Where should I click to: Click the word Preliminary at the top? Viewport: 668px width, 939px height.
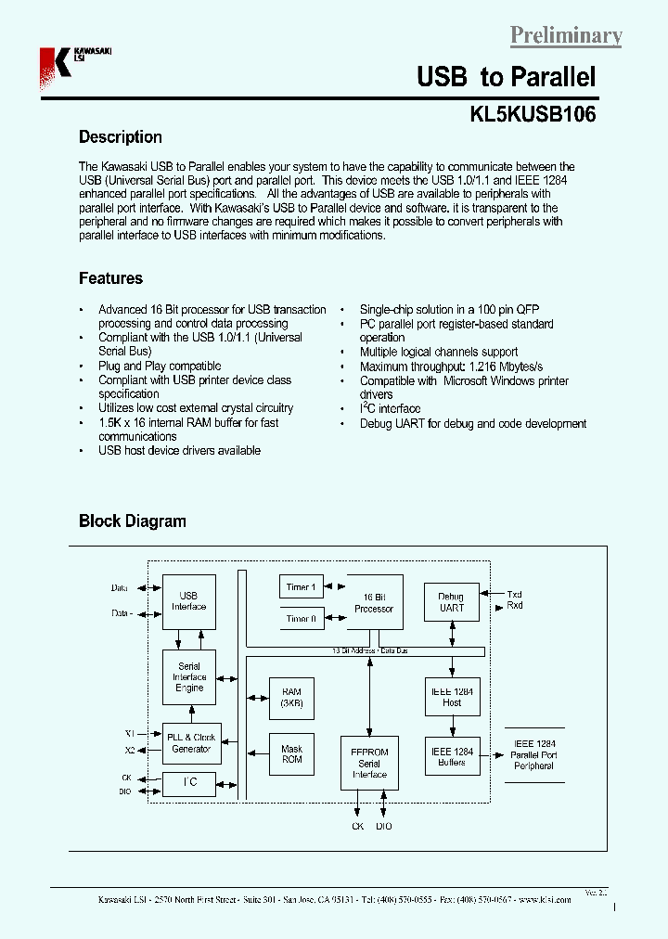click(566, 35)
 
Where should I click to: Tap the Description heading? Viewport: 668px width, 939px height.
click(120, 137)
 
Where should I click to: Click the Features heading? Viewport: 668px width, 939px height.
click(110, 278)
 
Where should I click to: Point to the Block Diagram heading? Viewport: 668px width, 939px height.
click(132, 521)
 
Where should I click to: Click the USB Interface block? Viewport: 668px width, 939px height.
click(188, 601)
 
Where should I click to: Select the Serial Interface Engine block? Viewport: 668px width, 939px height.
click(188, 677)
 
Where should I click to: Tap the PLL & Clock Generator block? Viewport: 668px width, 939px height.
click(190, 742)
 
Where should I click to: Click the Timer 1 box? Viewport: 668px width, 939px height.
click(301, 587)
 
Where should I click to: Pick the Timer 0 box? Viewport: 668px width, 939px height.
click(301, 618)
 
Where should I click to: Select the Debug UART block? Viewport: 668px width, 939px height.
click(451, 602)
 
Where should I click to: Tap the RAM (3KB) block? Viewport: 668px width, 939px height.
click(291, 698)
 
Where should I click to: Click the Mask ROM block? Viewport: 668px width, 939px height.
click(291, 753)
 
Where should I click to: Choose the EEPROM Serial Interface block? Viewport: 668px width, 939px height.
click(368, 763)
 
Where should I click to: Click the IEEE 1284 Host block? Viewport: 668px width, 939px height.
click(451, 697)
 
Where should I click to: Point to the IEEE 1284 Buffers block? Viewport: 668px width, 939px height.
click(451, 756)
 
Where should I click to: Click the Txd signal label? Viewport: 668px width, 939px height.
click(514, 594)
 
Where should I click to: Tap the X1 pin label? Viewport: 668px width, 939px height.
click(130, 733)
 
